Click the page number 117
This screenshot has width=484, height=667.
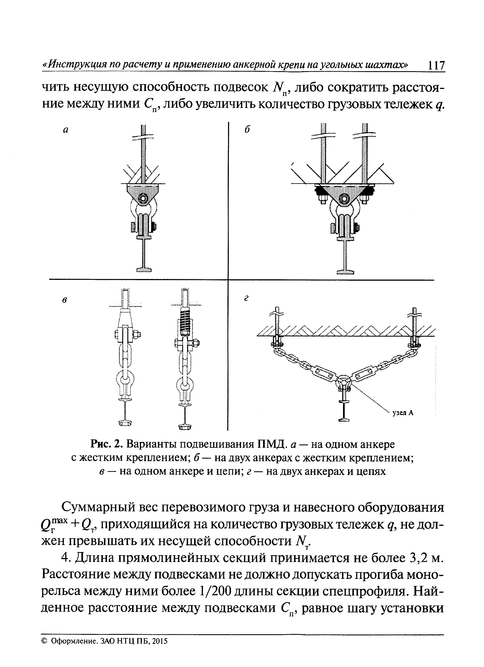[x=436, y=65]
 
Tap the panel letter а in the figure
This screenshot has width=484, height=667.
[x=66, y=130]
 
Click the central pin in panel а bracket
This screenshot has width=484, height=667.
[x=144, y=199]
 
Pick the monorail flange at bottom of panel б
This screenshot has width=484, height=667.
[x=346, y=271]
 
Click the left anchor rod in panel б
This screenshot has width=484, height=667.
[x=323, y=153]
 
